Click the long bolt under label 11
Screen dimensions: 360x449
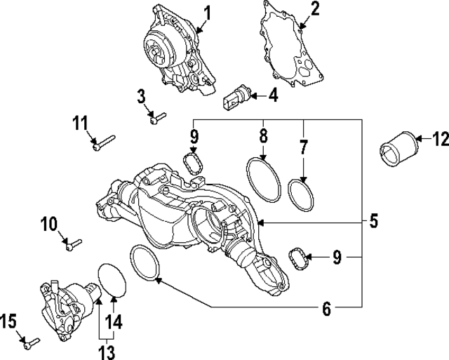click(100, 144)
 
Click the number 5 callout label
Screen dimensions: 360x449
click(373, 222)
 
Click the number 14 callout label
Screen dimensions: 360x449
click(114, 322)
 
